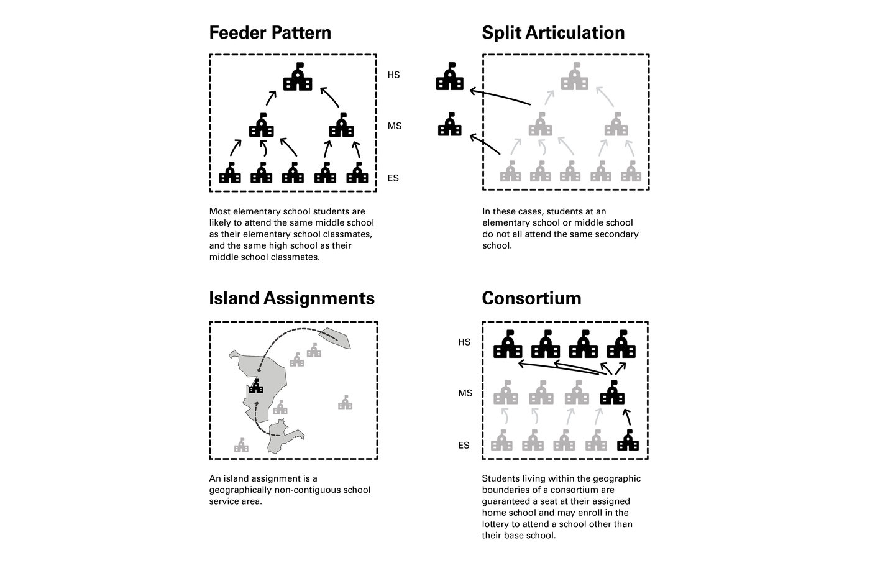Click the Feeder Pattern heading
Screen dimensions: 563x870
click(x=270, y=32)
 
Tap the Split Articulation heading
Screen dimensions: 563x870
click(x=553, y=32)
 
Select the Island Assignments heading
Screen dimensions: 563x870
click(x=292, y=298)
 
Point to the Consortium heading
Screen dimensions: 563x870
click(x=531, y=298)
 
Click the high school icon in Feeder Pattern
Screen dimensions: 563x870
click(x=298, y=77)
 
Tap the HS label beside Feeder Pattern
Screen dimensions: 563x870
click(x=393, y=75)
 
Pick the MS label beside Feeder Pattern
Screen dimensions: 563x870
click(x=394, y=126)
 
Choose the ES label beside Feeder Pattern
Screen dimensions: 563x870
click(x=393, y=178)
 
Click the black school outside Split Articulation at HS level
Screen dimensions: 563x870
click(x=450, y=76)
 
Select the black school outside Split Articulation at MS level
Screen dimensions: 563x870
click(x=450, y=125)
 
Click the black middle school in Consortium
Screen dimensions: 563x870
click(x=612, y=393)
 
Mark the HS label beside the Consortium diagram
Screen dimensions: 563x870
click(x=464, y=342)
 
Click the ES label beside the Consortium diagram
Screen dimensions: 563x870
click(x=464, y=446)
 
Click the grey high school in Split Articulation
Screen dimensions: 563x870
click(x=575, y=77)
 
